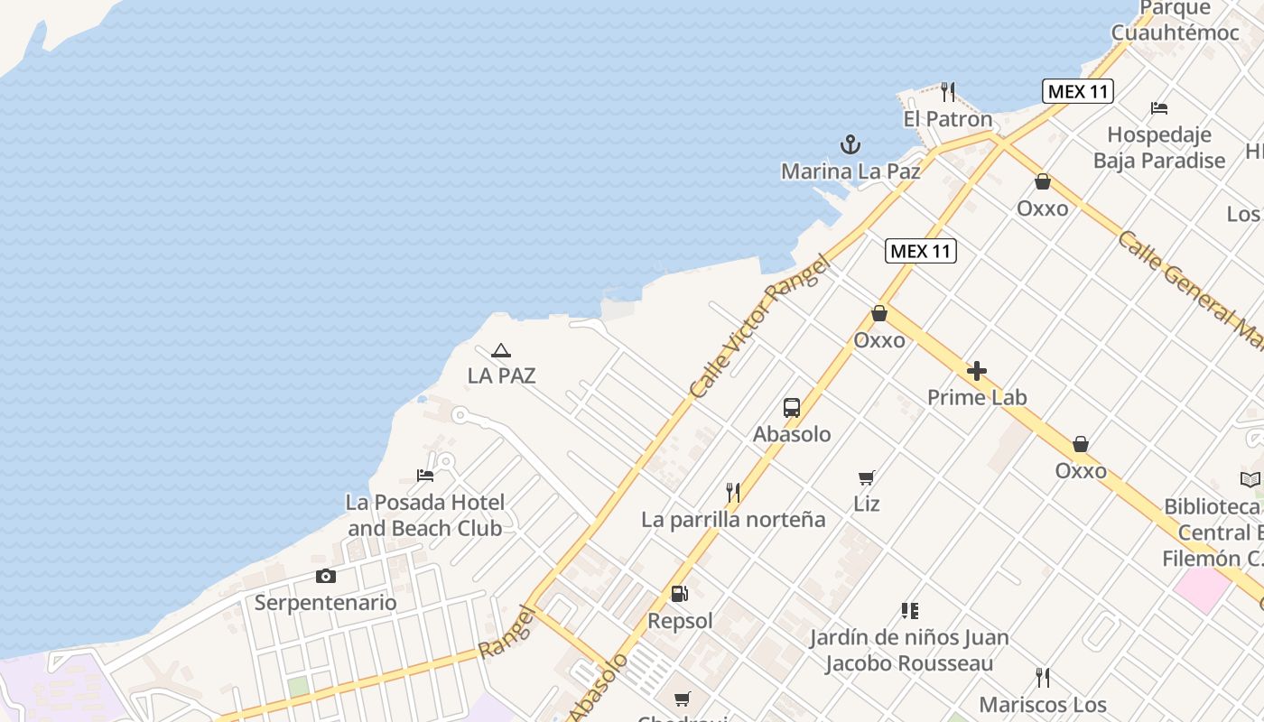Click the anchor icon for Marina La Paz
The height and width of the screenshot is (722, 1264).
coord(850,144)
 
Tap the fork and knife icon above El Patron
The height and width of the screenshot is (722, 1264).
coord(947,92)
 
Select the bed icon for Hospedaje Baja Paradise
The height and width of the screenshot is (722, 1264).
coord(1159,108)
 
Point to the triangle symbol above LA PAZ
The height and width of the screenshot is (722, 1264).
coord(501,350)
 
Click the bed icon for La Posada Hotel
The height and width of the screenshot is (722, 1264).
coord(425,476)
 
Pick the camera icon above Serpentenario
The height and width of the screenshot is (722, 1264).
coord(325,576)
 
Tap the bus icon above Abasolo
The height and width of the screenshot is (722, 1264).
coord(792,407)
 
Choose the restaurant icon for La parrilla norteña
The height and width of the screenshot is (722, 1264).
coord(733,493)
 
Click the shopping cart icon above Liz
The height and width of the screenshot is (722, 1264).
coord(867,477)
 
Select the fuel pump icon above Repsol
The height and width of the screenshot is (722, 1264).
coord(680,594)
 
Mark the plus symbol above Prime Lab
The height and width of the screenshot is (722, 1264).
coord(976,371)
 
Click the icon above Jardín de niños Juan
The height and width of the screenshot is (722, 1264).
coord(909,611)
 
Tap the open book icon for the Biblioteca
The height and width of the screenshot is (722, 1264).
coord(1250,480)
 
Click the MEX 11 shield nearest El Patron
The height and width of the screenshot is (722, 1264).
coord(1077,91)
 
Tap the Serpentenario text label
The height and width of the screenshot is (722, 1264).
coord(325,602)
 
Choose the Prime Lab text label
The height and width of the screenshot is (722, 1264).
coord(977,397)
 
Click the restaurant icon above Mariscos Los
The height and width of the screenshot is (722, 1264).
coord(1043,678)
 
